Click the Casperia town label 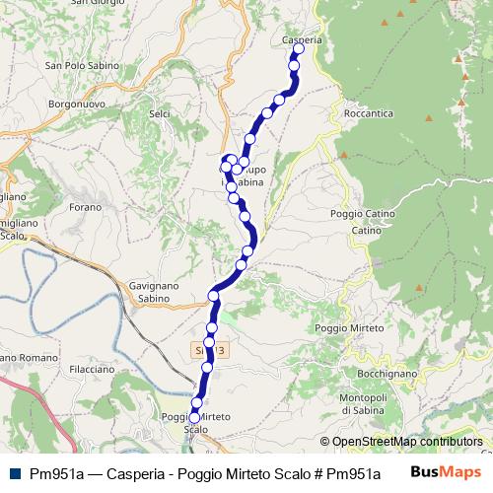click(302, 39)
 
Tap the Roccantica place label click(370, 114)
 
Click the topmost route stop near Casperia click(295, 50)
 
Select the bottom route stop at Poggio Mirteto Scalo click(194, 418)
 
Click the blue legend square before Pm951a click(11, 472)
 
